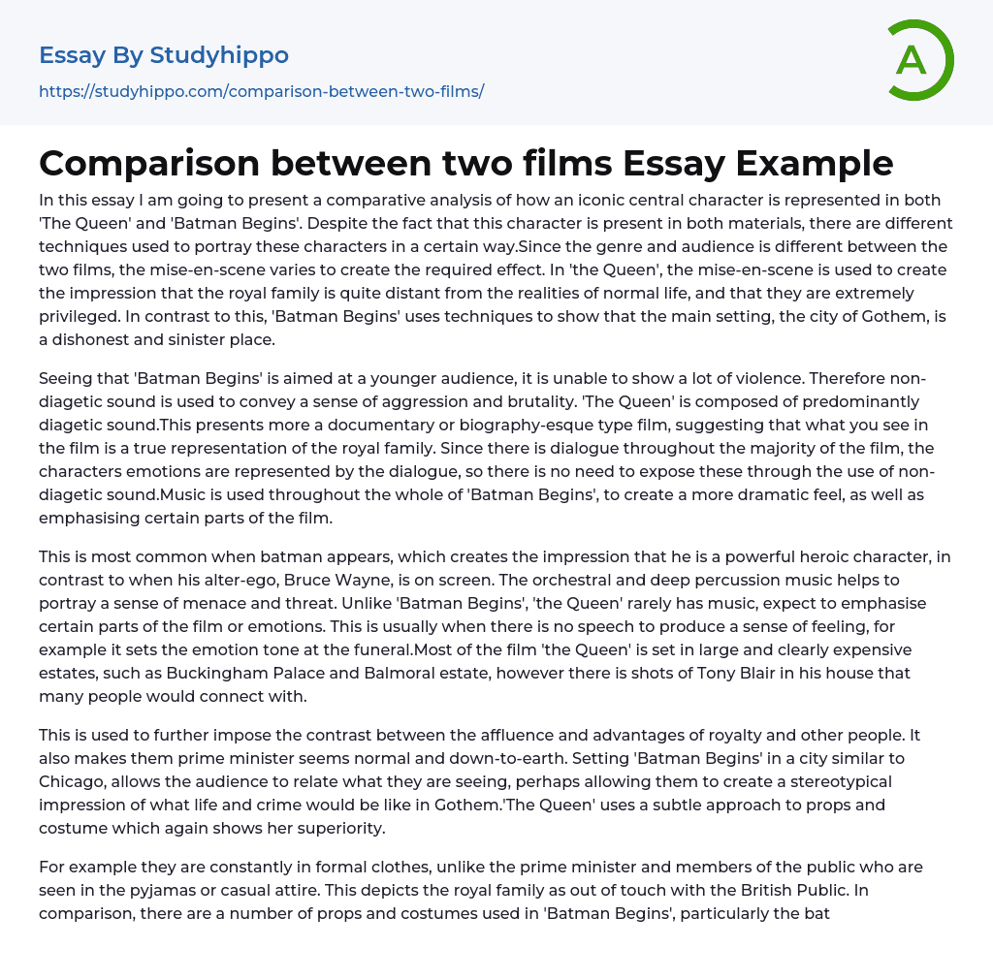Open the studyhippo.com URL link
point(261,91)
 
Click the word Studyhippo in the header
point(219,55)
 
